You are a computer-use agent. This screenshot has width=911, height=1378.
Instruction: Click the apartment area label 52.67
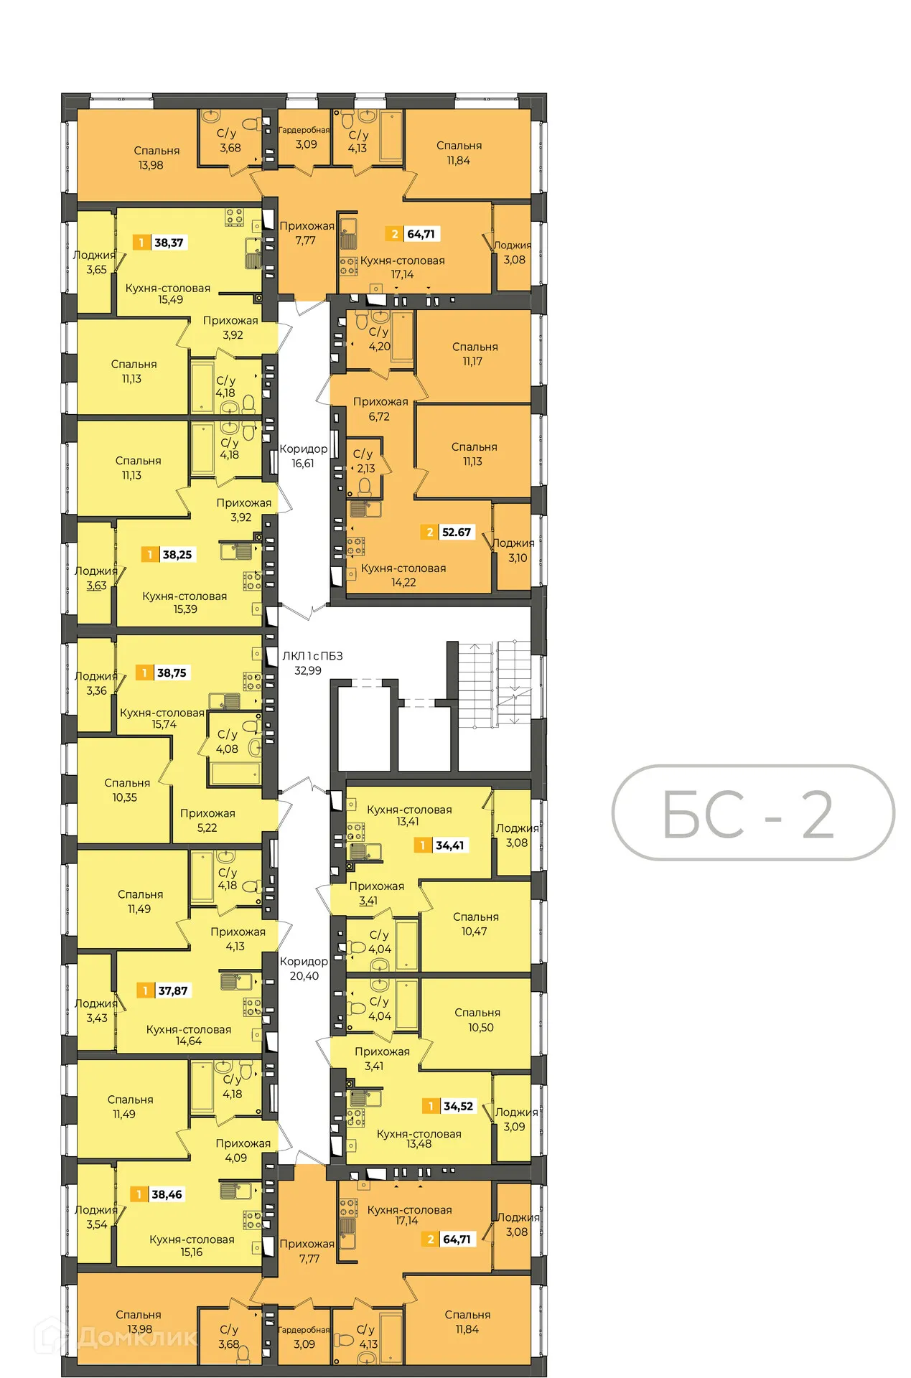pyautogui.click(x=456, y=533)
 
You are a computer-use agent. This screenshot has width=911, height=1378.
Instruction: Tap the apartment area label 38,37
pyautogui.click(x=169, y=243)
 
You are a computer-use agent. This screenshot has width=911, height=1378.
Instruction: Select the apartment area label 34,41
pyautogui.click(x=449, y=845)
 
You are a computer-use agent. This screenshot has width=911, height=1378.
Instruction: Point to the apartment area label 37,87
pyautogui.click(x=172, y=990)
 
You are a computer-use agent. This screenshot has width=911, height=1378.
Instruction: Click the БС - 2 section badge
pyautogui.click(x=752, y=813)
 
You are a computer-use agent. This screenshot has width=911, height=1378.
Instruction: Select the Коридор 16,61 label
pyautogui.click(x=303, y=456)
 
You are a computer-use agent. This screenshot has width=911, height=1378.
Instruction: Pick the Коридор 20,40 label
pyautogui.click(x=304, y=968)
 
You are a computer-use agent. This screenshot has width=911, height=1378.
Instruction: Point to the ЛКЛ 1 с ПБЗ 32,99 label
pyautogui.click(x=312, y=663)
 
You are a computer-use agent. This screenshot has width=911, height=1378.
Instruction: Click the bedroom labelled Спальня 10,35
pyautogui.click(x=126, y=789)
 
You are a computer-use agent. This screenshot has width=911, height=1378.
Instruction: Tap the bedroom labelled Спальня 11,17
pyautogui.click(x=474, y=354)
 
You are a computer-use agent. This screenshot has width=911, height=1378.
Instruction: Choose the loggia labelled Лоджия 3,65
pyautogui.click(x=95, y=262)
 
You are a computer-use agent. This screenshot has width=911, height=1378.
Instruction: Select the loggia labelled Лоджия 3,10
pyautogui.click(x=514, y=550)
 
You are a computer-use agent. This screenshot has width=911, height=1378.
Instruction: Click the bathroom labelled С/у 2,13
pyautogui.click(x=364, y=461)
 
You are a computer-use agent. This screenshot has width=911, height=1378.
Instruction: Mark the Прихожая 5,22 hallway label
pyautogui.click(x=207, y=820)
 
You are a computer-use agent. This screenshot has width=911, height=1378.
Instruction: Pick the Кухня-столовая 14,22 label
pyautogui.click(x=403, y=575)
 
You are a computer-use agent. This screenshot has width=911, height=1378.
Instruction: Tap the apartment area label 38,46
pyautogui.click(x=167, y=1194)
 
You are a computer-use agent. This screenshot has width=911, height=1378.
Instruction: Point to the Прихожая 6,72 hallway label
pyautogui.click(x=380, y=408)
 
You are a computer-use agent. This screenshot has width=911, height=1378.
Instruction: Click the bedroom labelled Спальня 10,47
pyautogui.click(x=475, y=924)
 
